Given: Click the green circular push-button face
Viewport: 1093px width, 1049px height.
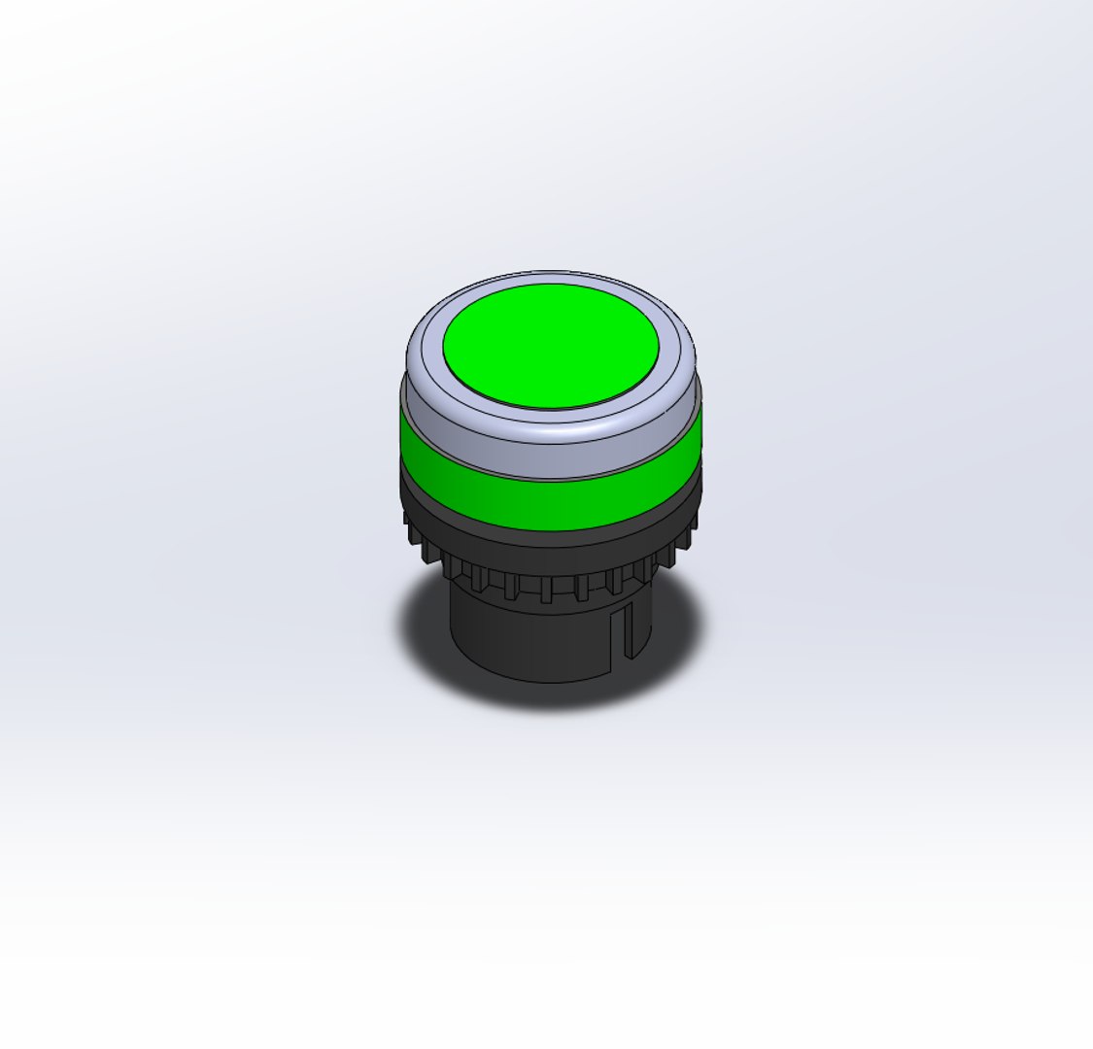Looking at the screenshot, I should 551,346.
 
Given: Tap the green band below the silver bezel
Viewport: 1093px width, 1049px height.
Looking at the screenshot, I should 550,500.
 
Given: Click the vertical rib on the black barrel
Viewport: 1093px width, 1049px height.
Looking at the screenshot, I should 628,631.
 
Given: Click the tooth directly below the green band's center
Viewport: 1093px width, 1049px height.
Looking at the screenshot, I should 547,589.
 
